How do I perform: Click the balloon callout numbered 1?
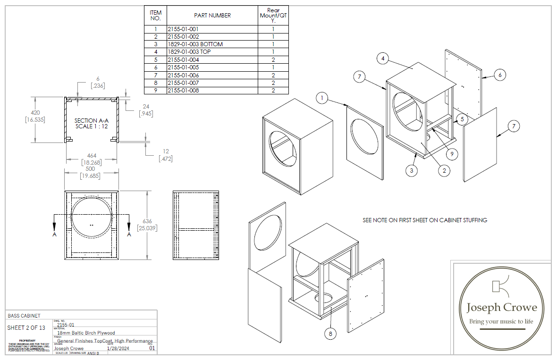[322, 99]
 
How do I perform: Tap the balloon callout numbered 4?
[383, 59]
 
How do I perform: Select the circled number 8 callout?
[330, 334]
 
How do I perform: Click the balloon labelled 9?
[452, 153]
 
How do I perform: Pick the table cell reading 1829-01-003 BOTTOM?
[195, 44]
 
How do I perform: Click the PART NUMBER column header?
[212, 16]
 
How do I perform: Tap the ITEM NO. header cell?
[155, 16]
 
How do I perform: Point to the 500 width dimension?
[90, 169]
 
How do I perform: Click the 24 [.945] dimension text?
[145, 110]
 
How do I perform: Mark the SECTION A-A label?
[90, 121]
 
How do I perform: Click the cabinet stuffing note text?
[425, 220]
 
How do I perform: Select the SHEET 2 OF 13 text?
[26, 328]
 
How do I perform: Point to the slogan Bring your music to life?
[501, 321]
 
